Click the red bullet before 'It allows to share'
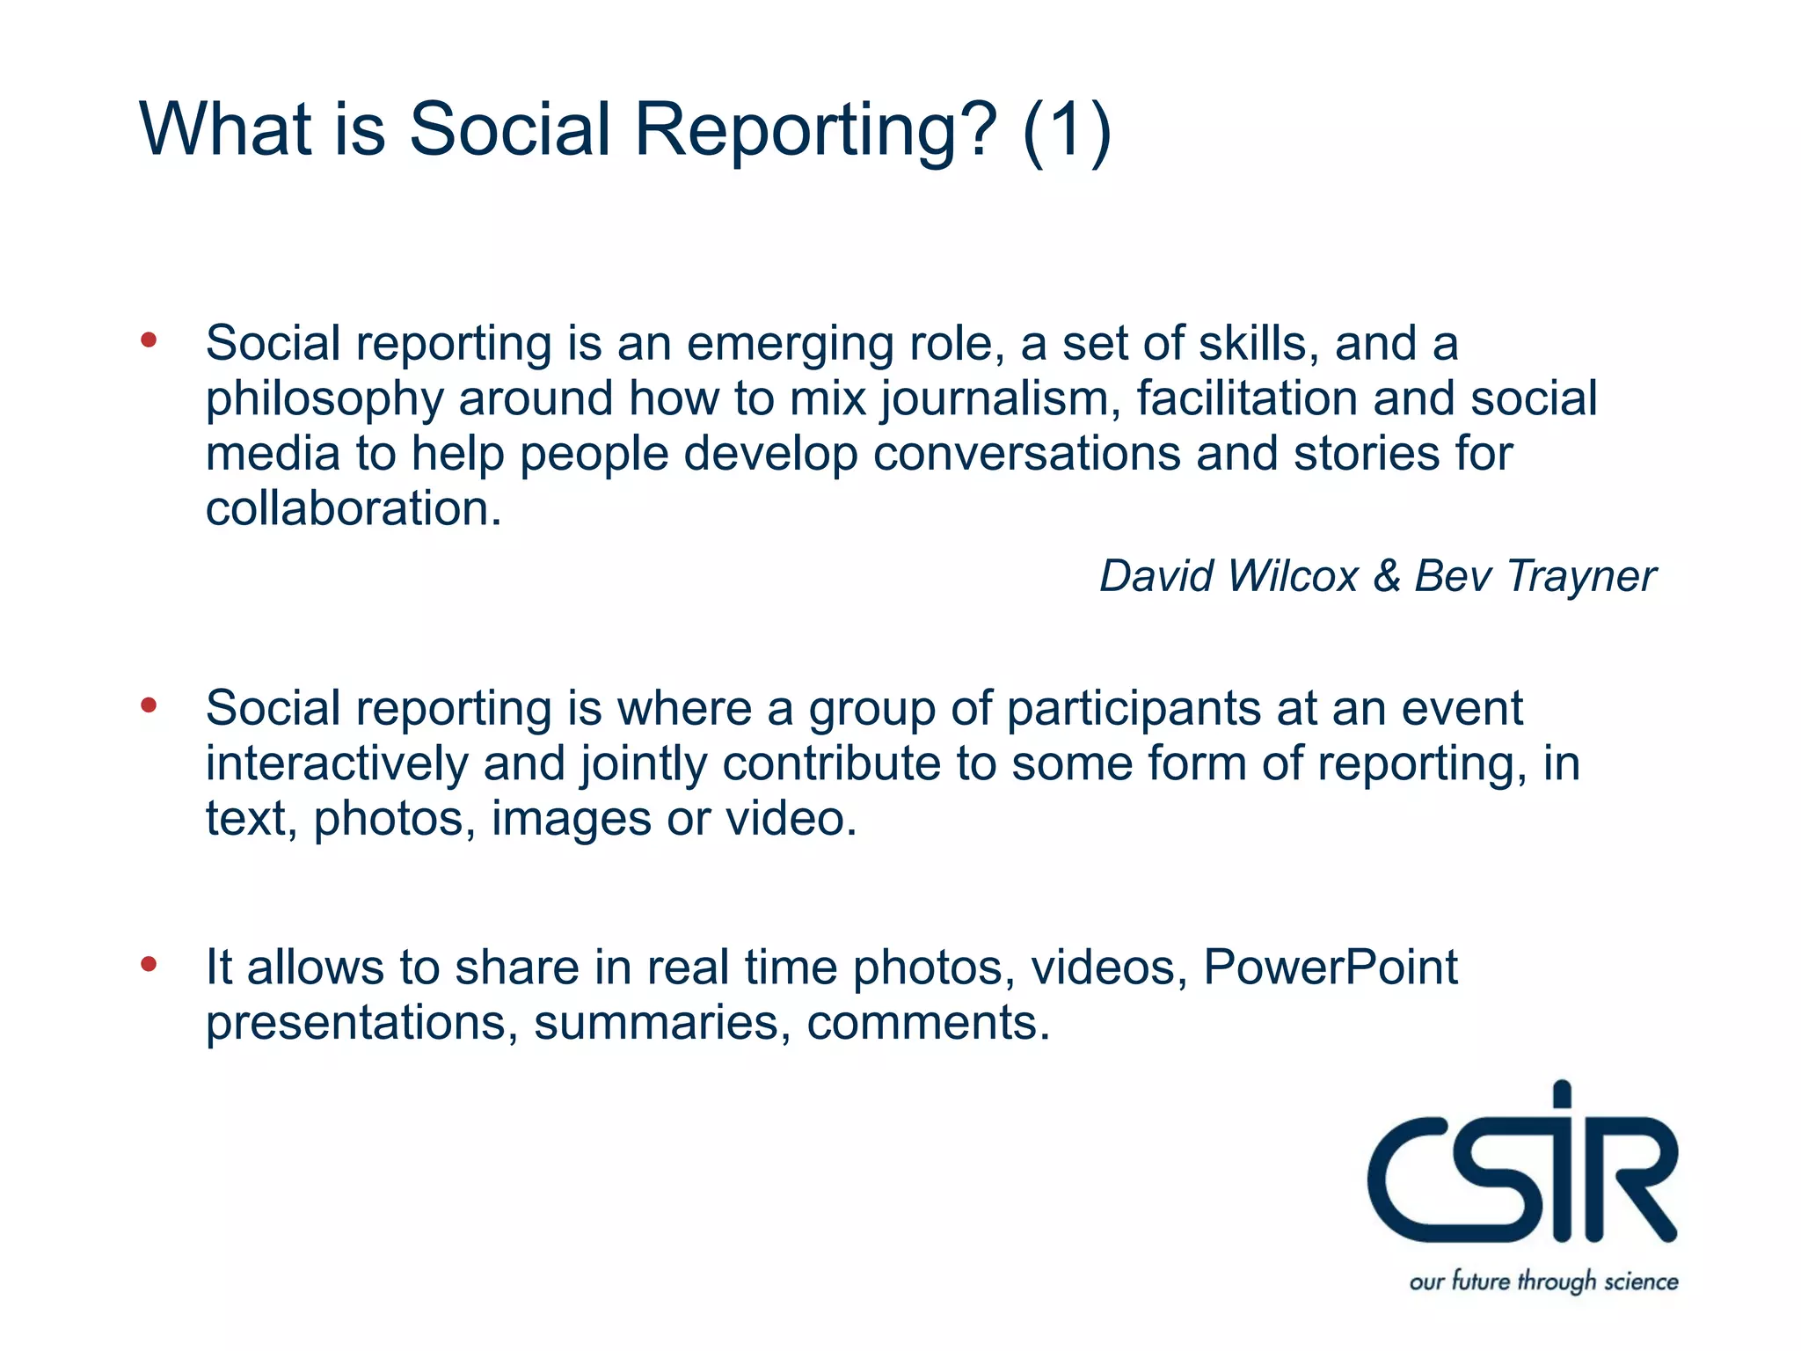tap(149, 963)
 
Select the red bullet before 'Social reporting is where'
tap(149, 705)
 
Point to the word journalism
tap(1000, 400)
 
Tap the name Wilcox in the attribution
tap(1293, 577)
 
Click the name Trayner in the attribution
tap(1580, 577)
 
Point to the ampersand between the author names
tap(1387, 577)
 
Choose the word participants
tap(1134, 709)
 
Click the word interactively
tap(337, 763)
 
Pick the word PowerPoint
tap(1330, 968)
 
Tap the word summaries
tap(657, 1023)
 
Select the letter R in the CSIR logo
tap(1629, 1179)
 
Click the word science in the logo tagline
tap(1641, 1282)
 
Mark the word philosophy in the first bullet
tap(324, 400)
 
